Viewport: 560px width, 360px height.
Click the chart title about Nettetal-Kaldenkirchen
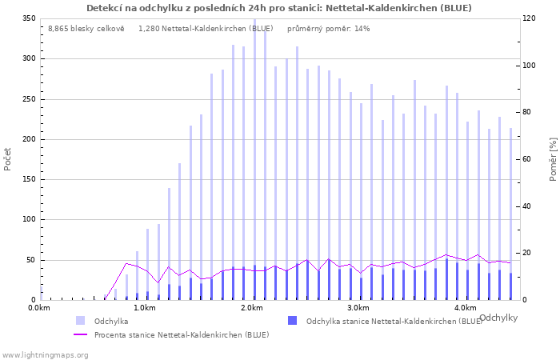[279, 8]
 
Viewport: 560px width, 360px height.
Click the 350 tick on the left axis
[29, 18]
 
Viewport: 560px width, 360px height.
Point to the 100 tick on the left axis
[29, 220]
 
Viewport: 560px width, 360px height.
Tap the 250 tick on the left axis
[29, 99]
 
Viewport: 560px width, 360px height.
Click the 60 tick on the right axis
[529, 159]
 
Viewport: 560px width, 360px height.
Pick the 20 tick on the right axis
[529, 254]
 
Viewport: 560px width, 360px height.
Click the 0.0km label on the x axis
[40, 308]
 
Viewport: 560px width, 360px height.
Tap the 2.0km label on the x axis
[252, 308]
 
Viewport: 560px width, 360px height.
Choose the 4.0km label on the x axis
[465, 308]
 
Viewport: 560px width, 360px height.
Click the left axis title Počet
[8, 158]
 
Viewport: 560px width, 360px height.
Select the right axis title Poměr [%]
[553, 158]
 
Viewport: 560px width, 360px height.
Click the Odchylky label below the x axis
[498, 318]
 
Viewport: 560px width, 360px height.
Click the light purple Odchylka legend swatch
[80, 321]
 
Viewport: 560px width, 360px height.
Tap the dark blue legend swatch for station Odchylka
[293, 321]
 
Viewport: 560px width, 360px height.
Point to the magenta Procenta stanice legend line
[80, 334]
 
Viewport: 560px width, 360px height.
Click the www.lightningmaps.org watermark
[45, 354]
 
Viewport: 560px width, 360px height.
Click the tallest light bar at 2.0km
[255, 160]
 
